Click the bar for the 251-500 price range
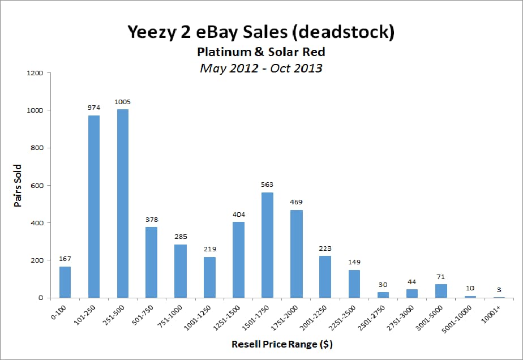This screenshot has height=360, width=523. (x=122, y=203)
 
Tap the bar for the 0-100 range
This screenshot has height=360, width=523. (x=65, y=282)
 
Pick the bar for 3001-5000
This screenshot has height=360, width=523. (x=441, y=290)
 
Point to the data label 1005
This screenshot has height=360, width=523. (x=122, y=102)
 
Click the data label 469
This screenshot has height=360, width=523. (x=297, y=202)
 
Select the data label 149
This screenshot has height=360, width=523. (x=354, y=262)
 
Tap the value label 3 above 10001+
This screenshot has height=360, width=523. (x=499, y=289)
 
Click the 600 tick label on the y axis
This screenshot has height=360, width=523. (x=36, y=186)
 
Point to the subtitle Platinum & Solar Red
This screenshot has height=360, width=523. (x=261, y=52)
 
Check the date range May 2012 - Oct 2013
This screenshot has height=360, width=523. (x=261, y=68)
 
